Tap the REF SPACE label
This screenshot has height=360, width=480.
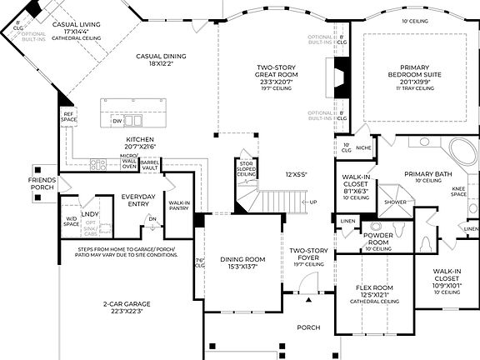(69, 117)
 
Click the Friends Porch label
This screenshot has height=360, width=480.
(42, 183)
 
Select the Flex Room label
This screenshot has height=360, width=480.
(374, 292)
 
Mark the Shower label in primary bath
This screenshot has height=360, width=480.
(395, 202)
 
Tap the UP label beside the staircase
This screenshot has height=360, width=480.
(312, 202)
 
